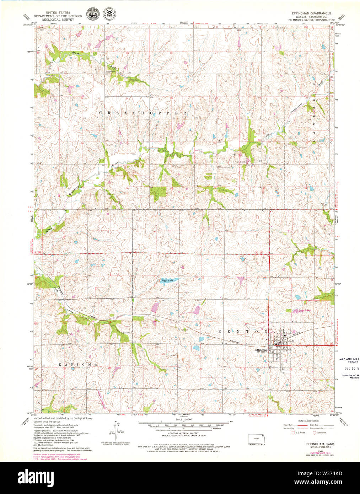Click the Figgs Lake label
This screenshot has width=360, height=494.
pos(167,281)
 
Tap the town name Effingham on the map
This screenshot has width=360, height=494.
pos(261,349)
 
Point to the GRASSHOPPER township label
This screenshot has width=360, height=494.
pos(143,113)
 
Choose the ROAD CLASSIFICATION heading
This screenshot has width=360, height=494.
pos(309,421)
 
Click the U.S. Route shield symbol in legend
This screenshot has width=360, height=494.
pos(293,433)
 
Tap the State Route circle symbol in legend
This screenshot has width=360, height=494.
pos(314,433)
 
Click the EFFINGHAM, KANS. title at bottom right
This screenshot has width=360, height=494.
pos(318,444)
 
